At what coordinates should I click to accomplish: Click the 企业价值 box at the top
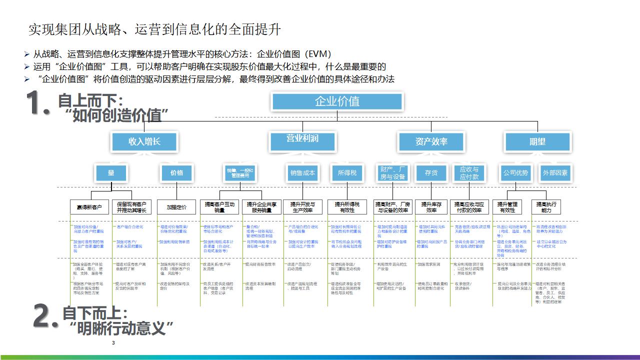pyautogui.click(x=337, y=101)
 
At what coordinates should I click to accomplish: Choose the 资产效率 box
pyautogui.click(x=431, y=141)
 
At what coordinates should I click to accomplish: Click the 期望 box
pyautogui.click(x=537, y=141)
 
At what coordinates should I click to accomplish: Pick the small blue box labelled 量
pyautogui.click(x=111, y=173)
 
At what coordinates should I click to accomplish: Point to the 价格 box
pyautogui.click(x=176, y=173)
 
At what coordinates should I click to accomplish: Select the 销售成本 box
pyautogui.click(x=302, y=173)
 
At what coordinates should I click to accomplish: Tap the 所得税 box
pyautogui.click(x=347, y=173)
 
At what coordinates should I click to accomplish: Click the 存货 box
pyautogui.click(x=431, y=173)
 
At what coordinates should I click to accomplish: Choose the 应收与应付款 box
pyautogui.click(x=469, y=173)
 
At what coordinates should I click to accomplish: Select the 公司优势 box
pyautogui.click(x=515, y=173)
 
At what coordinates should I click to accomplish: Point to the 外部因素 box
pyautogui.click(x=555, y=173)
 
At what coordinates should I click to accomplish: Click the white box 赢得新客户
pyautogui.click(x=89, y=207)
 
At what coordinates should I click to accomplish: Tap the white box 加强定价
pyautogui.click(x=176, y=207)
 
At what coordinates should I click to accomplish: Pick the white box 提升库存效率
pyautogui.click(x=431, y=207)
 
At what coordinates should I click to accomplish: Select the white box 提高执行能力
pyautogui.click(x=546, y=207)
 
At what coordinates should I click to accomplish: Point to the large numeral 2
pyautogui.click(x=43, y=316)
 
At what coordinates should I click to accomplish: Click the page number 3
pyautogui.click(x=113, y=343)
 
